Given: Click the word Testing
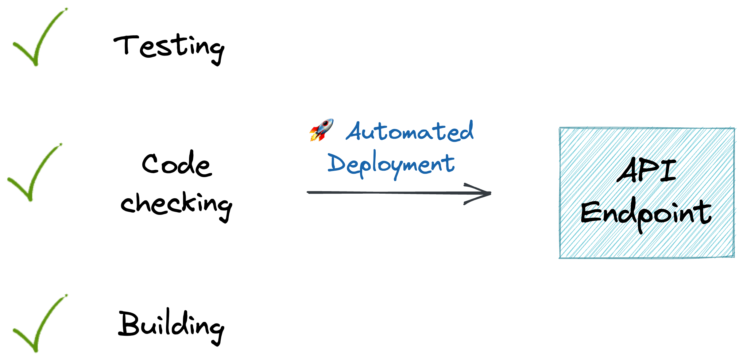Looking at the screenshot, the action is (x=169, y=49).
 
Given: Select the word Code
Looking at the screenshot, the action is (x=177, y=164).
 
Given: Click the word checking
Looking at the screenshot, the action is (x=176, y=205).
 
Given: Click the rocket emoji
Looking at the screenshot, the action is (x=321, y=130).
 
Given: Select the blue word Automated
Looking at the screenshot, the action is (x=410, y=131).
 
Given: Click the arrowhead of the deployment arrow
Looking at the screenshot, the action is (x=490, y=193).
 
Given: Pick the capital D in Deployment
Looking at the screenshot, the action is (x=338, y=162).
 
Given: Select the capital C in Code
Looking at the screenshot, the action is (x=150, y=164).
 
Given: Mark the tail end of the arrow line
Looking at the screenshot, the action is (x=308, y=192).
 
